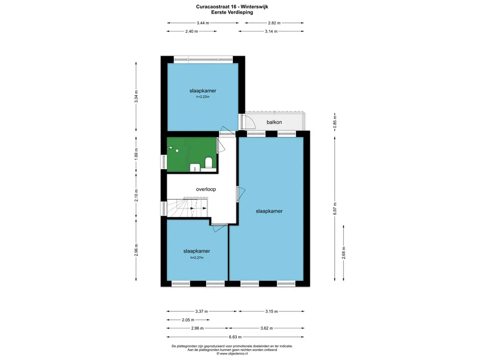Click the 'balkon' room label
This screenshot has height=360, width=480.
274,122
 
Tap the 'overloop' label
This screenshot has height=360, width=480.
206,189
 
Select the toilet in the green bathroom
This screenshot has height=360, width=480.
209,163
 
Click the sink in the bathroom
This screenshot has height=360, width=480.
195,167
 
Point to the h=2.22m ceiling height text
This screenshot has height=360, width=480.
202,97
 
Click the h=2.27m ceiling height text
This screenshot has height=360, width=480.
197,257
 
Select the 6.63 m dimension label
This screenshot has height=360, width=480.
235,337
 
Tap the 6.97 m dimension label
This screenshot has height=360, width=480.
335,209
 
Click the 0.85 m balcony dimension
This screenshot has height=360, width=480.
335,122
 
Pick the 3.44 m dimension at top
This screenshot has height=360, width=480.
203,23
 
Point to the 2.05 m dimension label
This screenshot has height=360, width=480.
188,320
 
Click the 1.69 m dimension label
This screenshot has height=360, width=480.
136,154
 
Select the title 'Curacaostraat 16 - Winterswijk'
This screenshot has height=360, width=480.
232,7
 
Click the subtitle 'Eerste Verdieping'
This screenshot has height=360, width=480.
232,13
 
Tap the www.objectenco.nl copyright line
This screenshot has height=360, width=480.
232,353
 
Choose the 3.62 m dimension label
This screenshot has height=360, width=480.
266,328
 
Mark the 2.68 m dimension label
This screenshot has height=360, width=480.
344,253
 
